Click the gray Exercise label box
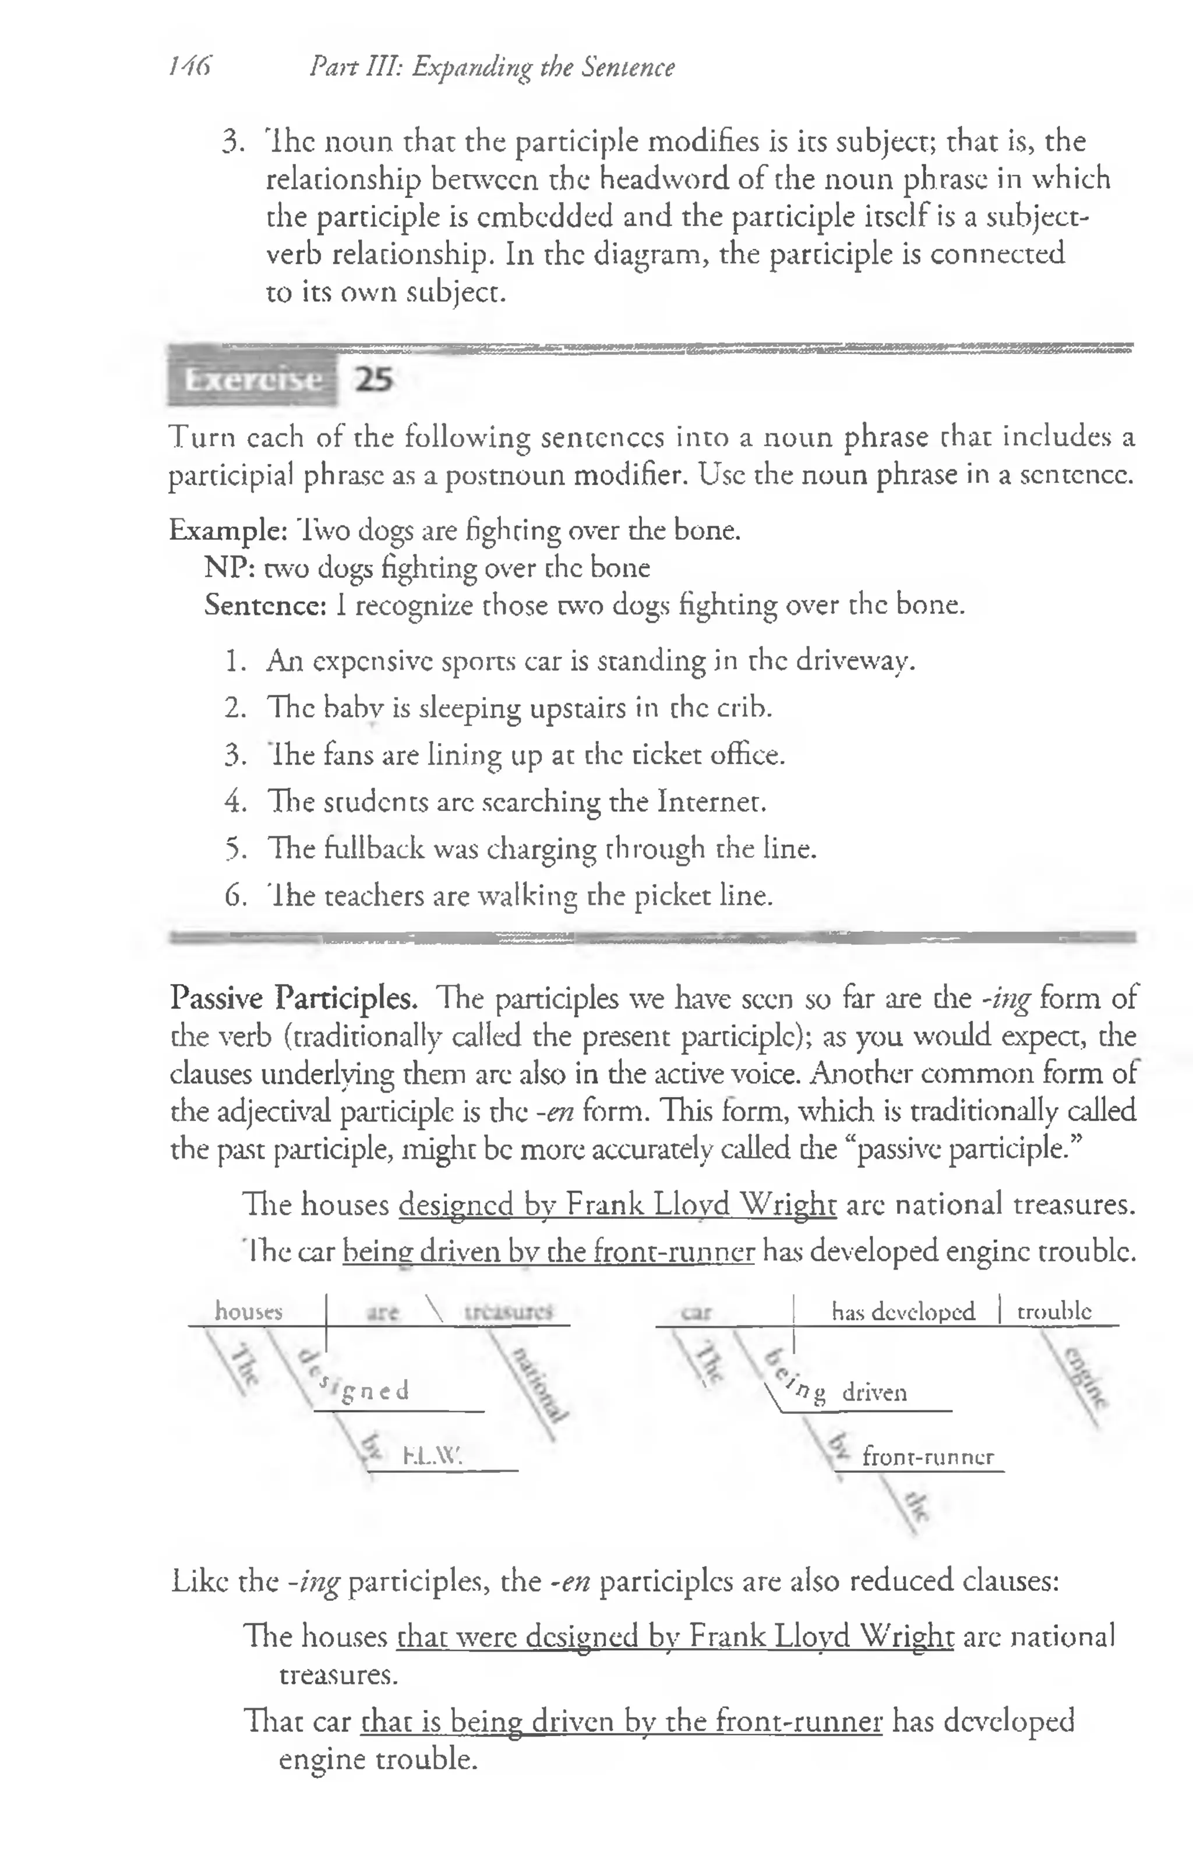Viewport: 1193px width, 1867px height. [253, 380]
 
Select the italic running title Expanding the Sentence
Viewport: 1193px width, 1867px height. [543, 68]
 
